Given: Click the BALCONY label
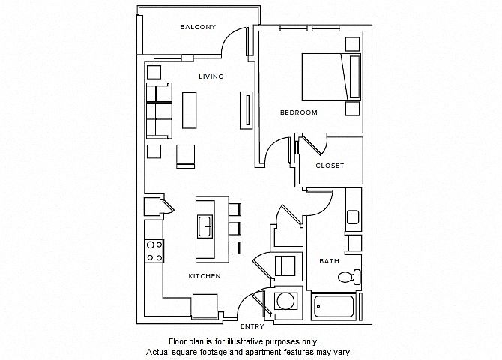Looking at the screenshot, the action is tap(198, 27).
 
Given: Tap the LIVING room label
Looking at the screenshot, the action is tap(211, 76).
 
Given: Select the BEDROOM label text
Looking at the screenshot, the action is tap(299, 112).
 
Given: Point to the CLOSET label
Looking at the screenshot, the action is tap(330, 166).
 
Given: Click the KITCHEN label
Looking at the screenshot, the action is tap(205, 276).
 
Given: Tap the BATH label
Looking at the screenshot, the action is tap(329, 261).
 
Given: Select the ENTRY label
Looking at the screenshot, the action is tap(252, 326).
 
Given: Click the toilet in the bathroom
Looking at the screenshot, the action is tap(349, 276).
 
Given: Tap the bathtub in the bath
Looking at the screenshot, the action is tap(333, 307).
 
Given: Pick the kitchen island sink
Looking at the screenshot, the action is tap(205, 226).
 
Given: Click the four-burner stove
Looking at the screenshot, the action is tap(154, 251).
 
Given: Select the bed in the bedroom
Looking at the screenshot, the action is tap(331, 76).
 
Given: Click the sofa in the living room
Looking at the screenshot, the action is tap(159, 111).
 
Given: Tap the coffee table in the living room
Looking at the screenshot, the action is tap(190, 110).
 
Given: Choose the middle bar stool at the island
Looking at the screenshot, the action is tap(235, 229).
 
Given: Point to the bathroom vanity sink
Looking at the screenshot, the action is tap(353, 217).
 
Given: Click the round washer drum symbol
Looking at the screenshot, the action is tap(285, 301).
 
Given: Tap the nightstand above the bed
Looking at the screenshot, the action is tap(352, 44).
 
